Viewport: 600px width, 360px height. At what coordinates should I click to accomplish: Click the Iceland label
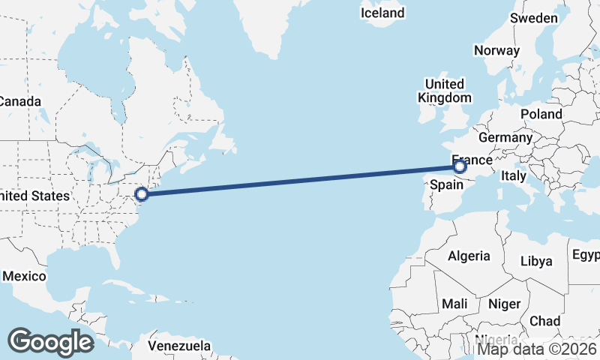click(x=382, y=13)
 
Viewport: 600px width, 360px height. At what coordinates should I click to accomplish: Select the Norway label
click(x=496, y=51)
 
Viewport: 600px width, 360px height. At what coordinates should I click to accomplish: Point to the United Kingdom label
click(x=445, y=91)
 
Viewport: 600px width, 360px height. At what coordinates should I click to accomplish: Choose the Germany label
click(x=505, y=138)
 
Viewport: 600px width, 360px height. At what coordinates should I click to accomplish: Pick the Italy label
click(x=514, y=175)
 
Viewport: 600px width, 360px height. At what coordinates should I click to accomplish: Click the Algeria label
click(x=469, y=256)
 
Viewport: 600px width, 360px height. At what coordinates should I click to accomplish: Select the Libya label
click(x=536, y=261)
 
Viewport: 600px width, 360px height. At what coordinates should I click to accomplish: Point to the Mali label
click(x=455, y=304)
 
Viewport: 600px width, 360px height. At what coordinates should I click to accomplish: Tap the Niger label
click(x=504, y=304)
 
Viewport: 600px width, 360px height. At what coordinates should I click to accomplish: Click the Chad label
click(x=544, y=320)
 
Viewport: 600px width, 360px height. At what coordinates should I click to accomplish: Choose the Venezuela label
click(x=179, y=346)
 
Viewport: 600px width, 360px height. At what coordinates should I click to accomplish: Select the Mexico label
click(x=23, y=276)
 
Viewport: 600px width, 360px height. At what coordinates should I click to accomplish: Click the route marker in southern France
click(x=460, y=167)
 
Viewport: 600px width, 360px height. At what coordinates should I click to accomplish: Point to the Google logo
click(x=51, y=341)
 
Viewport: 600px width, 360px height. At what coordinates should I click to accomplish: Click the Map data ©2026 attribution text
click(x=538, y=348)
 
